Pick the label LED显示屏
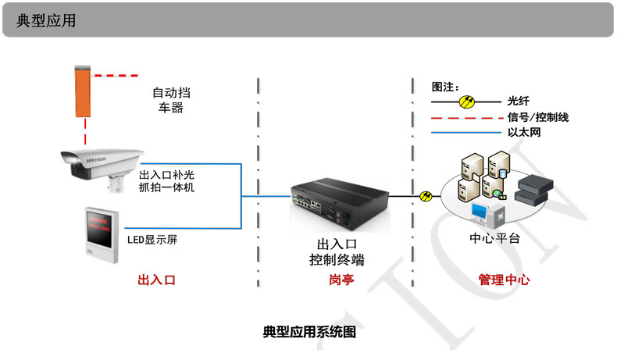pos(152,239)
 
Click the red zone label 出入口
pos(156,279)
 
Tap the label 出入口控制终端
pos(337,252)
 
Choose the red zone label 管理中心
pos(503,279)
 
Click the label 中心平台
pos(494,238)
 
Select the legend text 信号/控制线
pos(537,117)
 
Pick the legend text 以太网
pos(524,133)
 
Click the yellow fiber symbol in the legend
pos(467,101)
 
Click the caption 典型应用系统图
pos(309,332)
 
